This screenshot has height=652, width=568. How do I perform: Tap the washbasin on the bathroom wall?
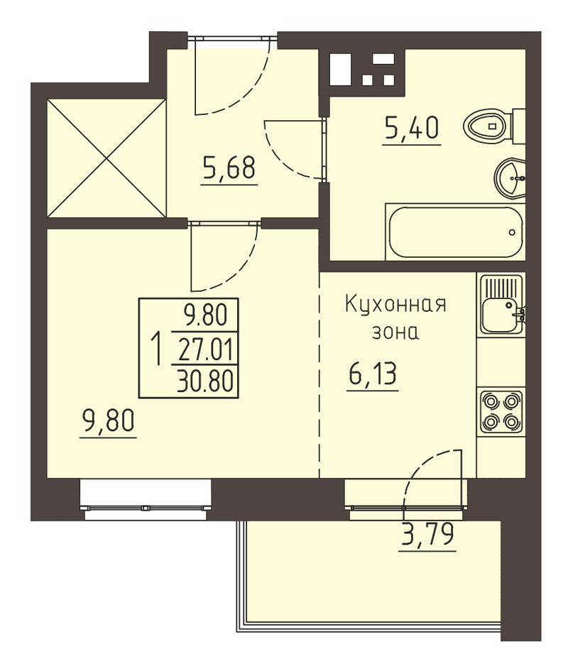[510, 178]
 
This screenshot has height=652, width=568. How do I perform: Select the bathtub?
[455, 232]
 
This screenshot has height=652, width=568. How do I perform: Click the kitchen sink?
[502, 305]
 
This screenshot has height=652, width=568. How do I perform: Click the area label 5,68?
[229, 168]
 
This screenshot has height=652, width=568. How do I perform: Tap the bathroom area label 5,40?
[412, 128]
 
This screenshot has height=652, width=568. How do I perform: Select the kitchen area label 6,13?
[373, 374]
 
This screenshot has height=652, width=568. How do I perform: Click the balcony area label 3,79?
[427, 534]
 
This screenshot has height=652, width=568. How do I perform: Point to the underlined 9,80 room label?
[108, 420]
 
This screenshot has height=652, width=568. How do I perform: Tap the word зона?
[395, 332]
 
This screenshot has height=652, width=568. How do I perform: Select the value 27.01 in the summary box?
[205, 349]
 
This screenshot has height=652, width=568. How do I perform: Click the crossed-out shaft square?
[106, 158]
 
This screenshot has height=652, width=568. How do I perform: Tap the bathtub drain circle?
[512, 232]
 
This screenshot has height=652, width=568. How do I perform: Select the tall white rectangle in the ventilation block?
[341, 70]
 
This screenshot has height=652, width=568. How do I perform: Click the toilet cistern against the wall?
[519, 126]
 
